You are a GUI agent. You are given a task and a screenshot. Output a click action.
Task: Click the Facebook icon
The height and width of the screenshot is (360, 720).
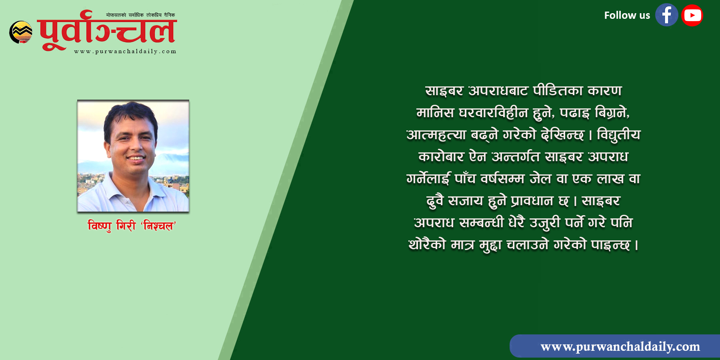tap(666, 15)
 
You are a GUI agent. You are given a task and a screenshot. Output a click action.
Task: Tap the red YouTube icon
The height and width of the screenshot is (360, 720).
tap(692, 15)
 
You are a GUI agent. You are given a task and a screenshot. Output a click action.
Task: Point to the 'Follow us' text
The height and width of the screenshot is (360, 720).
tap(627, 16)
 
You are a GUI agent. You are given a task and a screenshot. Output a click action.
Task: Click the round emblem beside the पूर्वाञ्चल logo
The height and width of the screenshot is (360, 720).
tap(21, 32)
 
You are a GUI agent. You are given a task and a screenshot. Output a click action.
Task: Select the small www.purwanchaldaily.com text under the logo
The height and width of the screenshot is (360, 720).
tap(125, 51)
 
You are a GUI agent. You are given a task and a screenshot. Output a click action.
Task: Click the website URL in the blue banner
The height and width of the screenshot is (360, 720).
tap(620, 346)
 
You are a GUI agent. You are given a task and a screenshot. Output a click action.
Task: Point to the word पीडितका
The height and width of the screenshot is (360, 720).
tap(558, 91)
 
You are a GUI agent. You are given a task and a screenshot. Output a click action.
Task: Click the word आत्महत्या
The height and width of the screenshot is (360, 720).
tap(436, 135)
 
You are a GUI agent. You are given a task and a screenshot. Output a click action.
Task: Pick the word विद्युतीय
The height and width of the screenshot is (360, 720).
tap(618, 135)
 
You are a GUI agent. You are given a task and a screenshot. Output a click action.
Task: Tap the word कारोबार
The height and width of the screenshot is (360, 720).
tap(441, 157)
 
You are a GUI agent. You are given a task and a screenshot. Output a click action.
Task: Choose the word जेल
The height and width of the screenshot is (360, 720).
tap(540, 179)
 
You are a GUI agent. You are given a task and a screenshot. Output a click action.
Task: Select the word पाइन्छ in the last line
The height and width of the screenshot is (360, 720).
tap(610, 245)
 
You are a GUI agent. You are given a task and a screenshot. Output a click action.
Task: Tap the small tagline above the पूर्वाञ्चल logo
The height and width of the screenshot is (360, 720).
tap(140, 15)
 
